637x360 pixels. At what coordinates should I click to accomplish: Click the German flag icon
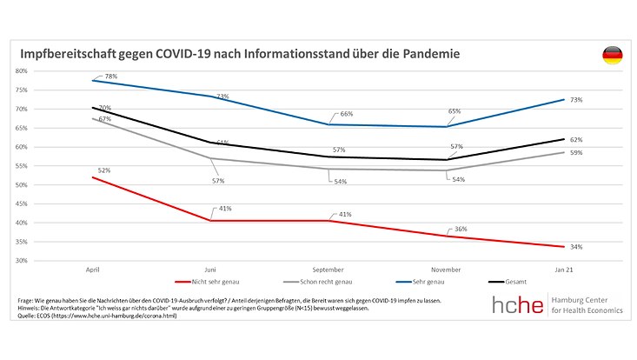[612, 57]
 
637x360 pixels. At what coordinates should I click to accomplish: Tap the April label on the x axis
[92, 270]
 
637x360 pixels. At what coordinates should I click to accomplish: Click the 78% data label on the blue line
[110, 77]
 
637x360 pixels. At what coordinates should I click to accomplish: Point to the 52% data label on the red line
[104, 170]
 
